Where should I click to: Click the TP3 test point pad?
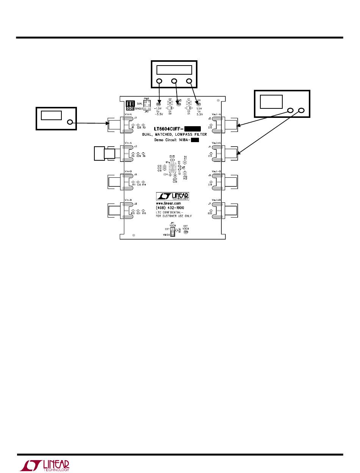coord(159,103)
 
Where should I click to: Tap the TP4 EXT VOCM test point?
coord(186,232)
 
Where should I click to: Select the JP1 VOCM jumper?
coord(172,232)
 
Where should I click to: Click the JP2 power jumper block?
coord(147,104)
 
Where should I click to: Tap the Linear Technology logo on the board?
coord(172,196)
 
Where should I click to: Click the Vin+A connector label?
coord(128,114)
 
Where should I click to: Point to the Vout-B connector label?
coord(217,171)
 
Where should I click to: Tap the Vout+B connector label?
coord(217,200)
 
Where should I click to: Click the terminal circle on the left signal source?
coord(70,122)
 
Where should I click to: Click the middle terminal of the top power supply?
coord(174,81)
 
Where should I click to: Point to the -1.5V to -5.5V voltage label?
coord(160,111)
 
